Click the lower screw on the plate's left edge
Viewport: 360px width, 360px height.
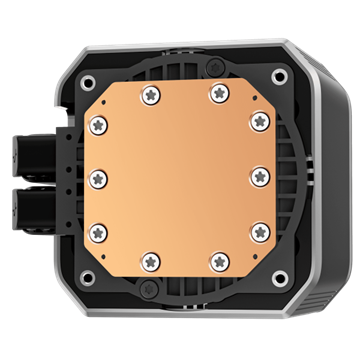click(97, 230)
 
